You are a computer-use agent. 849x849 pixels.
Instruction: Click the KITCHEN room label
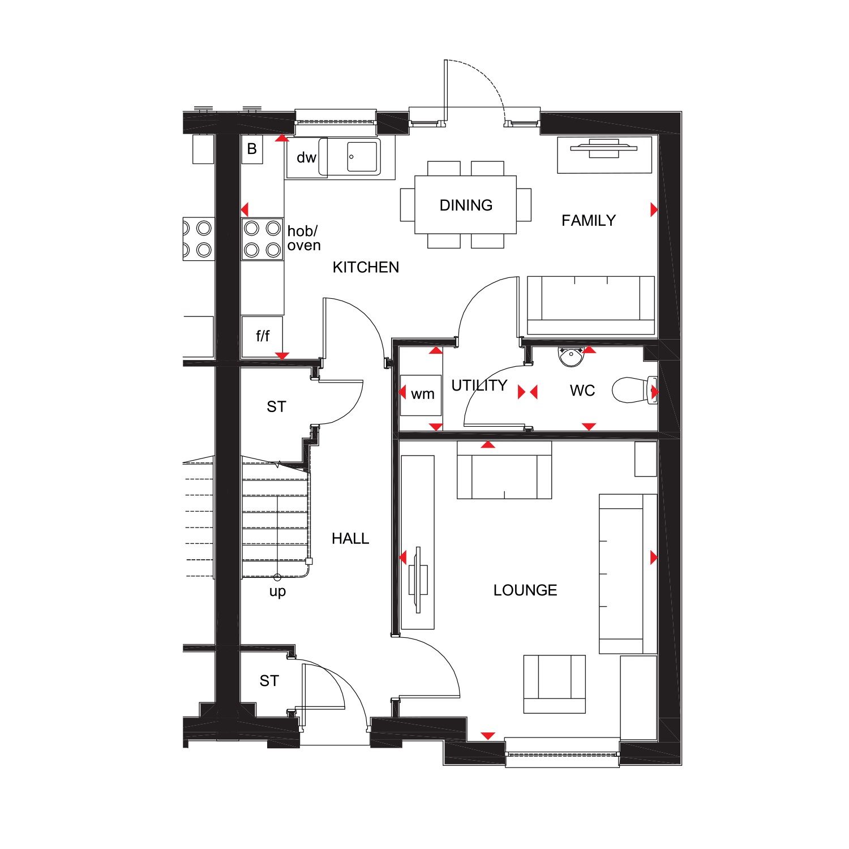[x=366, y=267]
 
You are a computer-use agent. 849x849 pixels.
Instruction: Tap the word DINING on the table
[x=466, y=205]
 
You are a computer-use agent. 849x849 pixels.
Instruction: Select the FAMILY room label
[x=588, y=220]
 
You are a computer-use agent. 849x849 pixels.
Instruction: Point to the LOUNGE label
[x=525, y=590]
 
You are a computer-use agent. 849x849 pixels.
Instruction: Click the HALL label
[x=350, y=538]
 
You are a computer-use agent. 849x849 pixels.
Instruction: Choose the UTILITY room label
[x=479, y=385]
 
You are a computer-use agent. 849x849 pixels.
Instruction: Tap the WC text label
[x=582, y=391]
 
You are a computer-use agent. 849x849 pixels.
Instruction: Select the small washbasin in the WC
[x=571, y=355]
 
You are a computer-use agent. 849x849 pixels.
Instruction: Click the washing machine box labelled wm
[x=421, y=395]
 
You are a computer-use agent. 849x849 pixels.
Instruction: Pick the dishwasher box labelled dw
[x=306, y=157]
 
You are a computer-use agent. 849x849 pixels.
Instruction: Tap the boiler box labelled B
[x=252, y=149]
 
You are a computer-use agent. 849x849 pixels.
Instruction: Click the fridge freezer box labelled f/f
[x=262, y=336]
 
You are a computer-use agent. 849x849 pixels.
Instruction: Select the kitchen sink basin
[x=362, y=157]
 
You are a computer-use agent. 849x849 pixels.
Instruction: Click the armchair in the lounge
[x=554, y=683]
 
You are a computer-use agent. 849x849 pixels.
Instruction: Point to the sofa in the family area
[x=591, y=305]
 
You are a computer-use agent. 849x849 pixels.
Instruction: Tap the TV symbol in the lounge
[x=418, y=579]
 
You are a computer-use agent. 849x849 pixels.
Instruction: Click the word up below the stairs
[x=277, y=591]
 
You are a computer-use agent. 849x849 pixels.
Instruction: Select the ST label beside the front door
[x=269, y=680]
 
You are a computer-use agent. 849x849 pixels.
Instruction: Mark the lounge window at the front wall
[x=562, y=753]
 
